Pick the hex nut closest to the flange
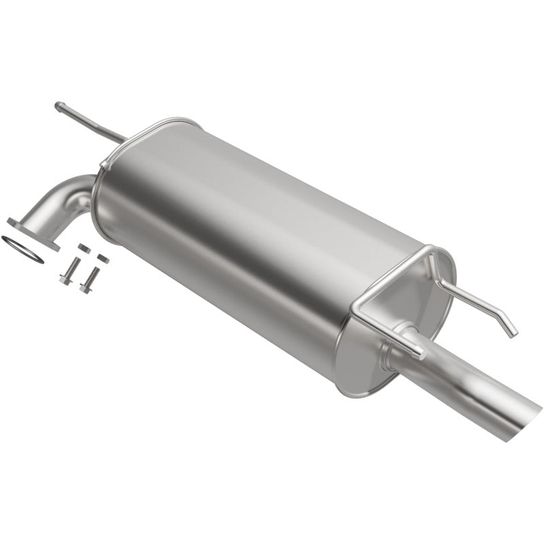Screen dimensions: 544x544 83,248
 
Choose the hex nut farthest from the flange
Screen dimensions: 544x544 102,258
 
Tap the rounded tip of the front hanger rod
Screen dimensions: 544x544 60,106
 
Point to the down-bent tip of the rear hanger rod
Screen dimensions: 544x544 511,331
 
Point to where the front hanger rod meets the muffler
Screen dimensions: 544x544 122,139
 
